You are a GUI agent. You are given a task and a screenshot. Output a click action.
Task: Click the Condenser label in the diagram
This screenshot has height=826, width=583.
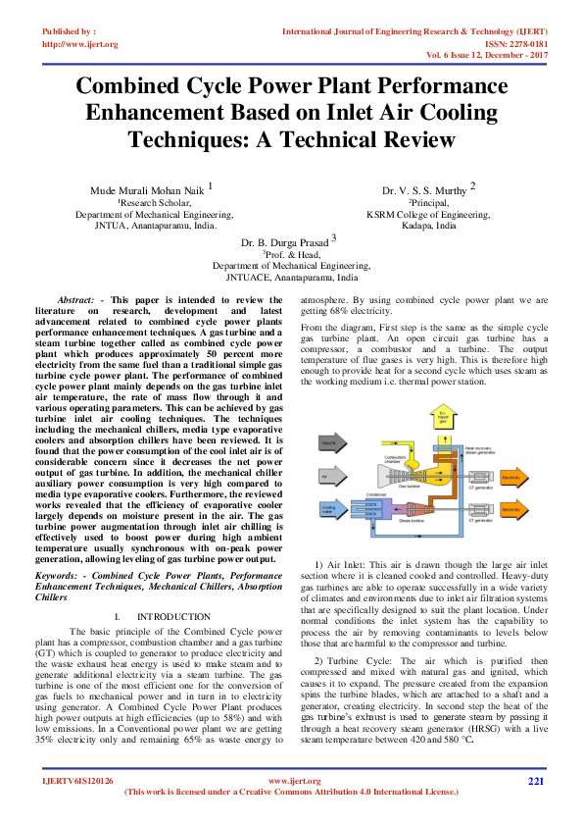372,494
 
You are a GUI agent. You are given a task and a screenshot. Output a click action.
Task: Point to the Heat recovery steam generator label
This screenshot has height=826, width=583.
460,451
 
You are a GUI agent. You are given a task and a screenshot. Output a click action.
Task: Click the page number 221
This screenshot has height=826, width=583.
535,781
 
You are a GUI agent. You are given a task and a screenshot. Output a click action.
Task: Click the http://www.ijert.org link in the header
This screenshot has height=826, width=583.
79,44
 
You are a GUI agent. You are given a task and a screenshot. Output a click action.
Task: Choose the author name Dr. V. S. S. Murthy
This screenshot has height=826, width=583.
424,188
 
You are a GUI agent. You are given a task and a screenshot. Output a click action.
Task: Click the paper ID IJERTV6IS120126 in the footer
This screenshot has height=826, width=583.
78,781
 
